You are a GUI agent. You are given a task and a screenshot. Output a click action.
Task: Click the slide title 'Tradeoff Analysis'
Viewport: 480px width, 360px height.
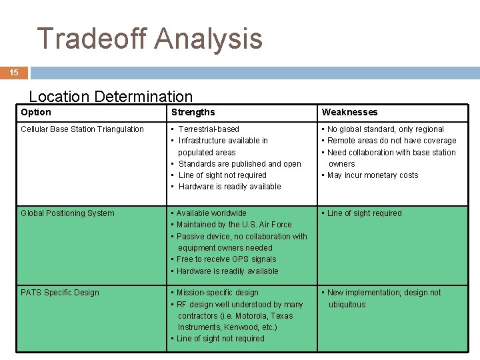(x=150, y=39)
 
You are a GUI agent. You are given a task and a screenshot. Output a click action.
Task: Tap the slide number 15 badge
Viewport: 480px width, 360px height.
(x=14, y=73)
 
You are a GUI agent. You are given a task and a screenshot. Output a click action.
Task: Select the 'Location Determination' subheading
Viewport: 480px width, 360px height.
(x=111, y=97)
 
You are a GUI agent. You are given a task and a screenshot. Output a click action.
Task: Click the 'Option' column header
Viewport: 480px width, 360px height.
(x=36, y=112)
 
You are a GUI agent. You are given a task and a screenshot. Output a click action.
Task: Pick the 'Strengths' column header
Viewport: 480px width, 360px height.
(x=193, y=112)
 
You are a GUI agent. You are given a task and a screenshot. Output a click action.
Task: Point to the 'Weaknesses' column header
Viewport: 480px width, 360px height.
(x=349, y=112)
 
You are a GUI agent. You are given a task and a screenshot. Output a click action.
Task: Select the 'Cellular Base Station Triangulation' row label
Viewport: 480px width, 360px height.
(x=82, y=129)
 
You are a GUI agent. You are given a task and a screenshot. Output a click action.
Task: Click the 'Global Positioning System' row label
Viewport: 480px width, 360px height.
(x=67, y=213)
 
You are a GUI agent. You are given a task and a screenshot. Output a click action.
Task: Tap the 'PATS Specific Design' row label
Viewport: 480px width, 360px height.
(x=60, y=293)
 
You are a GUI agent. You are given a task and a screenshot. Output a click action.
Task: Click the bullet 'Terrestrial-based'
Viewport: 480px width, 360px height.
(x=209, y=129)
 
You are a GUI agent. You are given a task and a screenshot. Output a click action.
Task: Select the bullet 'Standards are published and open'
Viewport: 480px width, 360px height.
(x=239, y=164)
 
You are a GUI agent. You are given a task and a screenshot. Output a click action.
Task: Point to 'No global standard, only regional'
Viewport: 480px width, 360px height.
(x=385, y=129)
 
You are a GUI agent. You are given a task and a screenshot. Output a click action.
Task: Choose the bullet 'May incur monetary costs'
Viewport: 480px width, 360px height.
(x=373, y=175)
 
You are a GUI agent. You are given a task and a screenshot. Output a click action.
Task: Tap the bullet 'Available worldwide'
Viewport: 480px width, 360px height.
(x=211, y=213)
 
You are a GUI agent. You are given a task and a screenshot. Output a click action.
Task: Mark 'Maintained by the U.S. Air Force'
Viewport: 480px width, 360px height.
(x=234, y=225)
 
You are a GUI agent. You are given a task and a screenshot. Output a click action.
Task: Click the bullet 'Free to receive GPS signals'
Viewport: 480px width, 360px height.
(x=226, y=259)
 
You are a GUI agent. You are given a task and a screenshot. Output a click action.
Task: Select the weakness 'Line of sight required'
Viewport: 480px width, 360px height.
(x=364, y=213)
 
